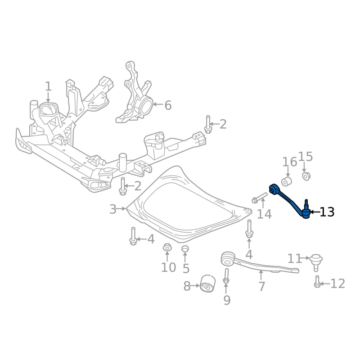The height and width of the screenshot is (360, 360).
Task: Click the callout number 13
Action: coord(327,212)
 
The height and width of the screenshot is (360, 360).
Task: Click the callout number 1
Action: coord(48,86)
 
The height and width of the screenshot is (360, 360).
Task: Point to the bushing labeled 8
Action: coord(207,283)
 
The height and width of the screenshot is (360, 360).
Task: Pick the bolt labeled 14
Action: coord(260,198)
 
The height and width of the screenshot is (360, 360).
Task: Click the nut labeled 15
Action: coord(306,176)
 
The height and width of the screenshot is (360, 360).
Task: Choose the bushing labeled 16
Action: coord(287,181)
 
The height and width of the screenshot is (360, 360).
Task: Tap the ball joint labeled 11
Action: coord(316,262)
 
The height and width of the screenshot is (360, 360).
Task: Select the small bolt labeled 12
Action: coord(317,282)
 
